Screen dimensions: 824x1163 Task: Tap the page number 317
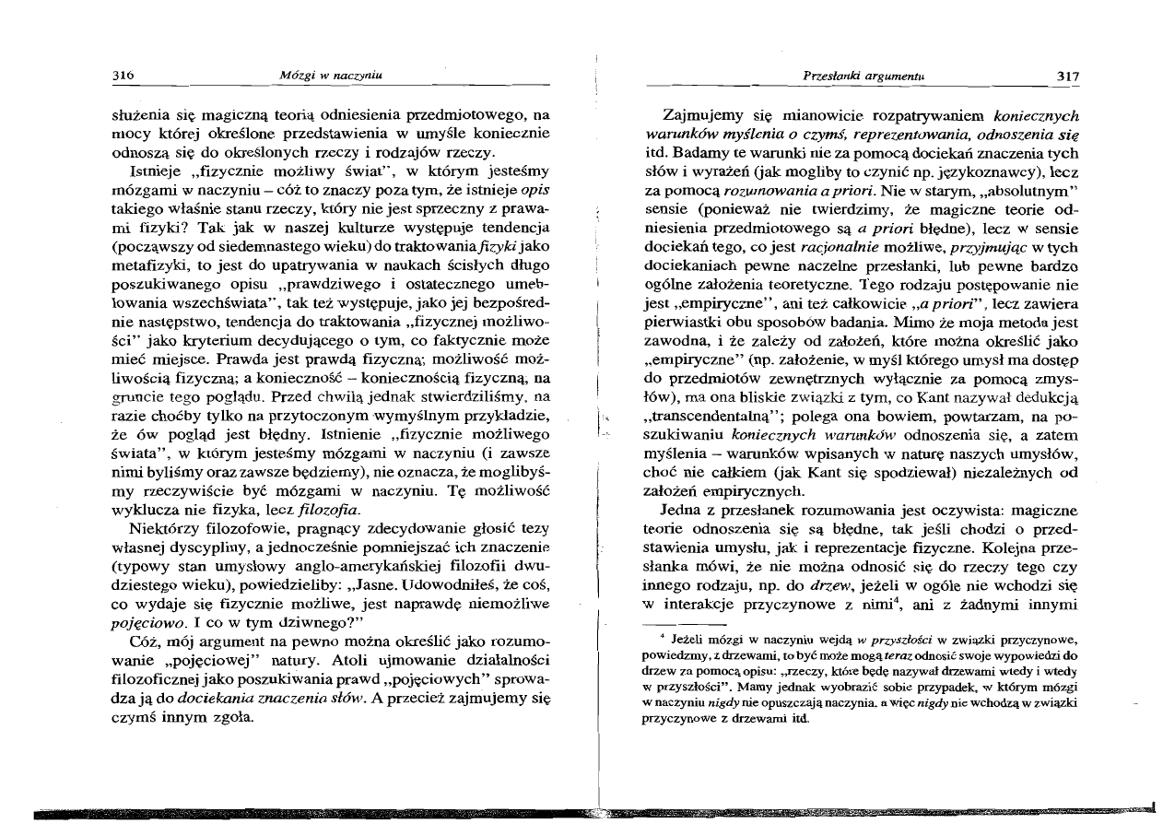coord(1068,75)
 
